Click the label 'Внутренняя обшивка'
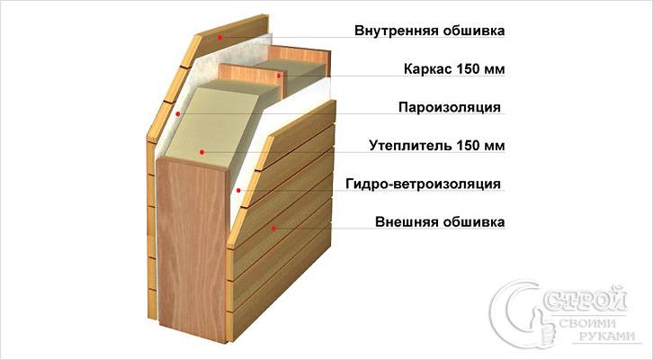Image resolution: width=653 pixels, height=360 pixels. (429, 31)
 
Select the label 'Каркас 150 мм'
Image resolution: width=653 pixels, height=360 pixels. (454, 68)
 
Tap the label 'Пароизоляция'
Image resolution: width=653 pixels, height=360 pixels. (450, 107)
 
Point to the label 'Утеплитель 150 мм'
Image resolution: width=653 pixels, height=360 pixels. (437, 146)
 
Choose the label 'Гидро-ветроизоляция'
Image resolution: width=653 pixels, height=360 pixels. (423, 184)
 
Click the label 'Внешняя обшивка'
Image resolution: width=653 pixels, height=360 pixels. (440, 221)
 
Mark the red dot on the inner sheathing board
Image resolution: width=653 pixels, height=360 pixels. (219, 38)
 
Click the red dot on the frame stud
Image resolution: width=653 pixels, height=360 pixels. (279, 76)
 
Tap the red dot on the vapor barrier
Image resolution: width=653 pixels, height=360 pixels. (178, 113)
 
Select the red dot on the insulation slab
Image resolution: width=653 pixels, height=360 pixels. (201, 152)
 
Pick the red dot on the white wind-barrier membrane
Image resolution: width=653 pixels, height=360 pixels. (238, 191)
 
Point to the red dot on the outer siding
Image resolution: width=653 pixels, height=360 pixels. (273, 229)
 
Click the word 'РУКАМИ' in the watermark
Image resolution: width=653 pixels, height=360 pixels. (607, 337)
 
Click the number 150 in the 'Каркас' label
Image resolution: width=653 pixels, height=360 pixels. (468, 68)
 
